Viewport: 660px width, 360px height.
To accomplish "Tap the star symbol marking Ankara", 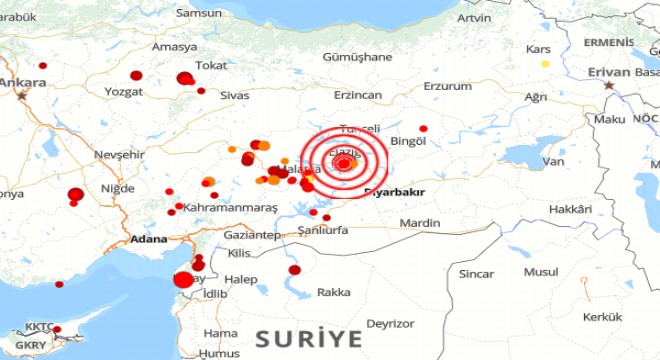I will click(x=23, y=96).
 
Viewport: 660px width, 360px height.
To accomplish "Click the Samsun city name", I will click(x=197, y=13).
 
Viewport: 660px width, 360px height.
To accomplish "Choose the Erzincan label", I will click(x=358, y=94).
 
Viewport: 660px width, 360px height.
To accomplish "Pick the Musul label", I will click(x=541, y=271).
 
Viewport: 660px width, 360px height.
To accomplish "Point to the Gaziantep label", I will click(x=251, y=234).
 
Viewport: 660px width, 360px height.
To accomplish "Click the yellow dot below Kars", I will click(x=546, y=64).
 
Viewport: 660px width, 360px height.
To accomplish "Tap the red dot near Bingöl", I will click(x=423, y=128).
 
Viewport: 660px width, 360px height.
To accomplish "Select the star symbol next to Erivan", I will click(x=609, y=85).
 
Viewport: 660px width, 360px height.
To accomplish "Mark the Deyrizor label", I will click(x=390, y=323).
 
